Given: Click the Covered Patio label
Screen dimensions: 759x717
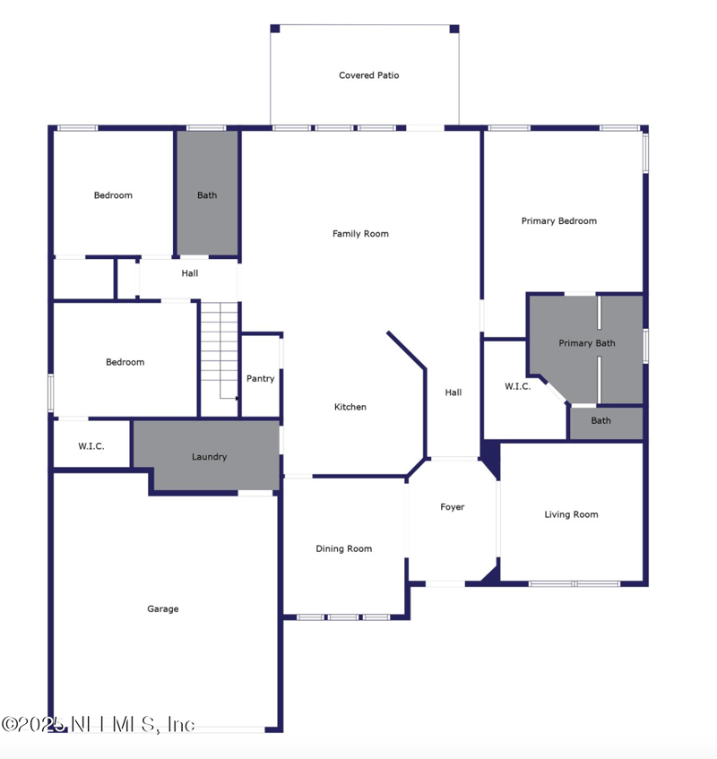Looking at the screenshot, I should (x=368, y=75).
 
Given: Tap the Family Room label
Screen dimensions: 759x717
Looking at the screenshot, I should (x=360, y=234).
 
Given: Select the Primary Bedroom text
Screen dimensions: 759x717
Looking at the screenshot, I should (x=558, y=221).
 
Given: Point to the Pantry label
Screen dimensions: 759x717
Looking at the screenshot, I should (x=260, y=379).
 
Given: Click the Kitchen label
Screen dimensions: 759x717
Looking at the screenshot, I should (x=350, y=407).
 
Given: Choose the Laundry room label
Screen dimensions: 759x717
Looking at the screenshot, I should (x=209, y=457).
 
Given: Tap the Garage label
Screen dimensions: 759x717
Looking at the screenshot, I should (x=162, y=609).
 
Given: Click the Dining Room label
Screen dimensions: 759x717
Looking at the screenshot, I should (x=343, y=549).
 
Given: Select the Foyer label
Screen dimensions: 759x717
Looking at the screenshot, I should (x=452, y=507).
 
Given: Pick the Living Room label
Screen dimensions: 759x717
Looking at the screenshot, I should (x=571, y=514).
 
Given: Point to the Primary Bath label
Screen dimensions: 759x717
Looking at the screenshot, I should (x=587, y=343).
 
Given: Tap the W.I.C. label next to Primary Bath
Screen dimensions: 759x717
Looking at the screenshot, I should (x=517, y=387).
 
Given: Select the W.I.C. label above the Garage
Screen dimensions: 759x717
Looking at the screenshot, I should (x=91, y=445).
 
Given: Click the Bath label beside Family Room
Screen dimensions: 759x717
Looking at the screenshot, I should (x=207, y=195).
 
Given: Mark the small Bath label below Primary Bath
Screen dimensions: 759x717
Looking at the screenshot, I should (x=600, y=421).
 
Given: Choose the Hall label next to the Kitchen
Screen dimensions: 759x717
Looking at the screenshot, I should (x=453, y=392).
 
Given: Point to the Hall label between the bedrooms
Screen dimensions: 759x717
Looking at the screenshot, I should (x=189, y=273).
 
